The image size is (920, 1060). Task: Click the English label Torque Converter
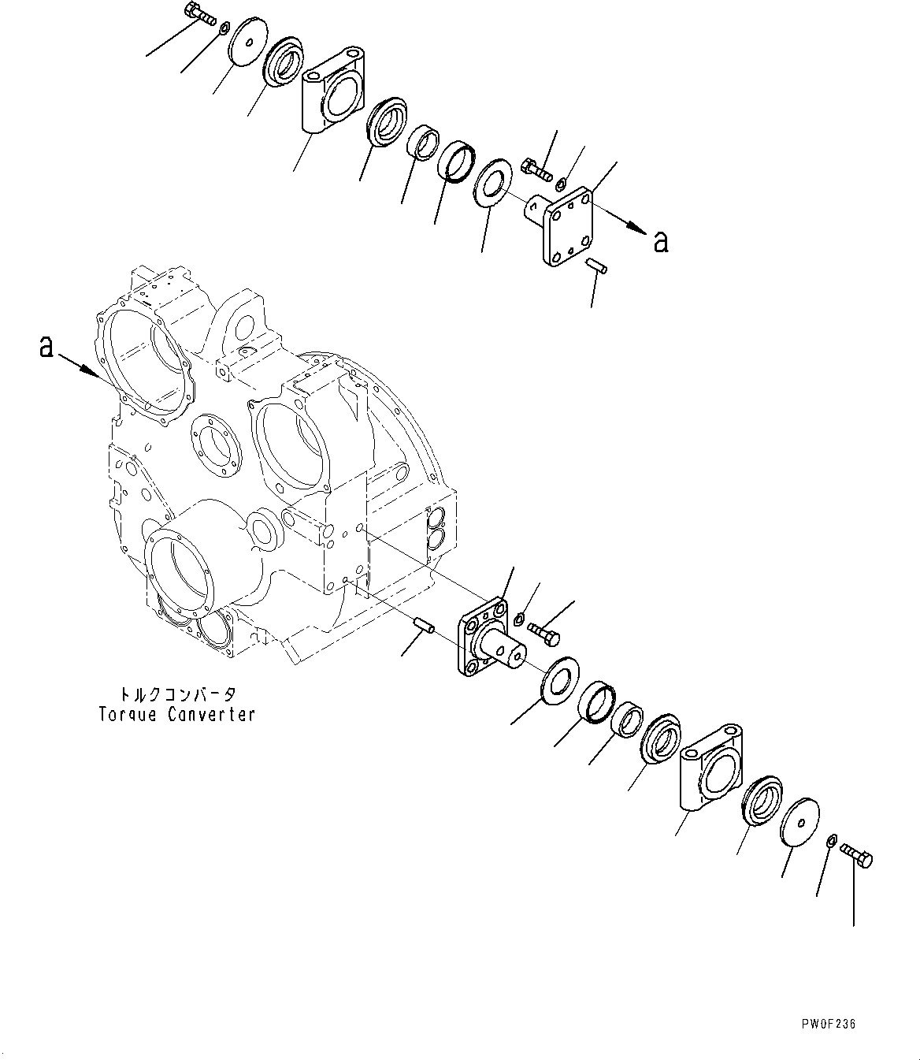tap(176, 715)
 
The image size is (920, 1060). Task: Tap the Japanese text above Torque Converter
tap(176, 694)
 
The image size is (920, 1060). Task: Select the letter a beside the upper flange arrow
tap(661, 241)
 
